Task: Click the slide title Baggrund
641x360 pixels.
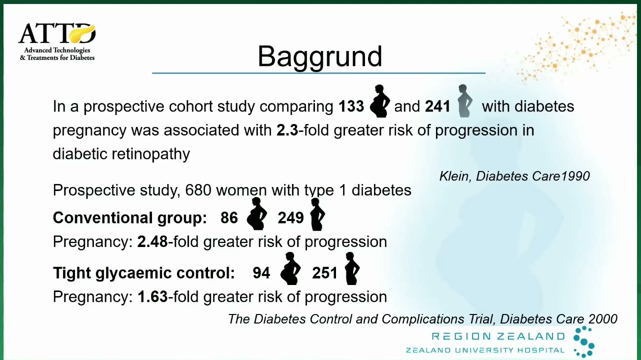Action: (x=320, y=57)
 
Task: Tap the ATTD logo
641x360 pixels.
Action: (x=57, y=42)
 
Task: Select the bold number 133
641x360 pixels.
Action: (x=351, y=106)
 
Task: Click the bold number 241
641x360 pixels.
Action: (x=437, y=106)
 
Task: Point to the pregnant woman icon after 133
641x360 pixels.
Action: (x=379, y=100)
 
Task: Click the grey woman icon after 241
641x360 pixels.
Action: (x=464, y=100)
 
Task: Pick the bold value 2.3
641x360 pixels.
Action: (x=287, y=130)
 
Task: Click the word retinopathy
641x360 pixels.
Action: (x=150, y=154)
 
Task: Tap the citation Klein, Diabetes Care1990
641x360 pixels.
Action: (x=514, y=176)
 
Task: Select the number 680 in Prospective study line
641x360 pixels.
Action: (x=198, y=190)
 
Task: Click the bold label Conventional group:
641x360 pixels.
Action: (x=130, y=218)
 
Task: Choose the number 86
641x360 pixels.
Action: (x=229, y=218)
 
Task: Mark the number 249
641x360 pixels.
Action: (x=290, y=218)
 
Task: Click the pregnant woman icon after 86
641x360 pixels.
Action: (x=256, y=213)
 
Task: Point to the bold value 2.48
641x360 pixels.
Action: (x=152, y=242)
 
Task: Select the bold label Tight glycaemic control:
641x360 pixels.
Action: (x=144, y=273)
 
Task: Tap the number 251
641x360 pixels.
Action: (x=325, y=273)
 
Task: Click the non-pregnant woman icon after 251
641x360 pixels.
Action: (x=352, y=268)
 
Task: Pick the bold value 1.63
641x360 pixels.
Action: (x=152, y=297)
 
